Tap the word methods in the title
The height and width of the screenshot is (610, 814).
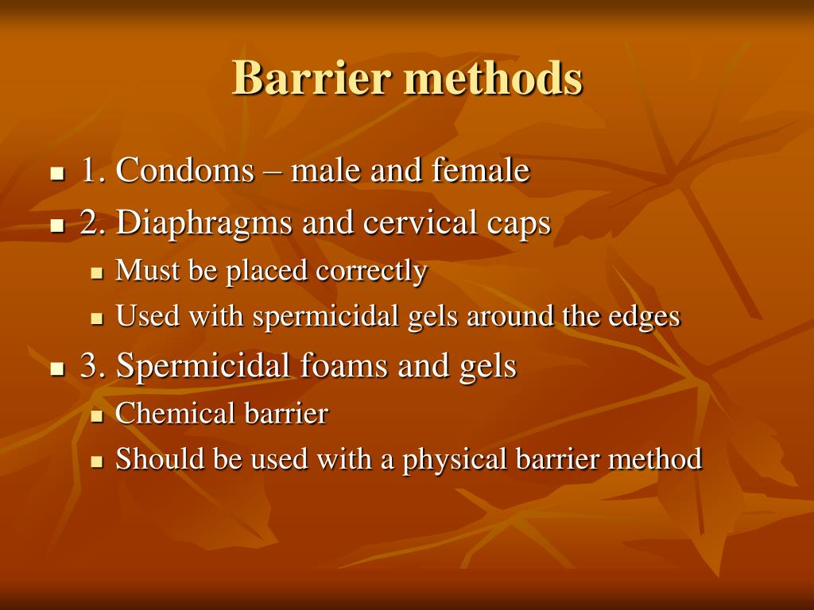pyautogui.click(x=493, y=79)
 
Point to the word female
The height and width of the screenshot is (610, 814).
pyautogui.click(x=481, y=171)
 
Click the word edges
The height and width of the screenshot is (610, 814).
pyautogui.click(x=645, y=317)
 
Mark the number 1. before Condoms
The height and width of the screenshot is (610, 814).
pyautogui.click(x=93, y=171)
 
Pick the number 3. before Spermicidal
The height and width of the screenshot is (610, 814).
pyautogui.click(x=93, y=366)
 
